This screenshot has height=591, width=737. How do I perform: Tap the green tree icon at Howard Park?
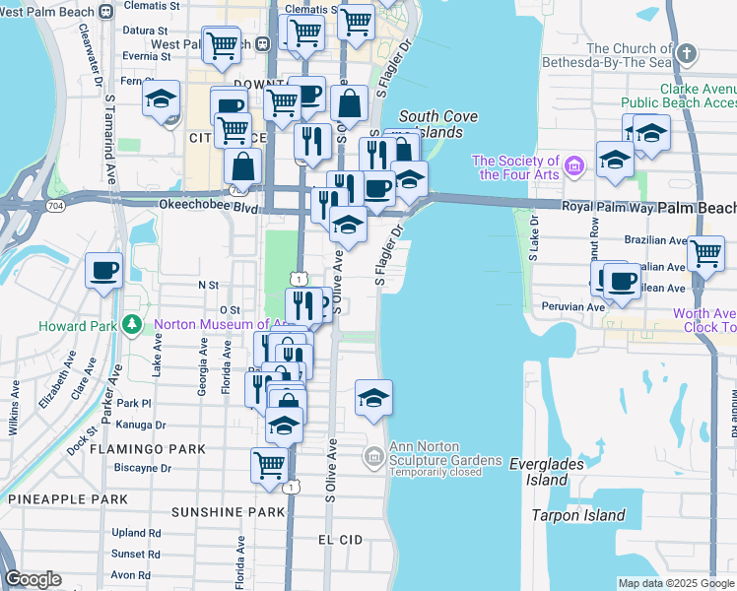132,324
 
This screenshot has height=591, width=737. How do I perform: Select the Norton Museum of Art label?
219,324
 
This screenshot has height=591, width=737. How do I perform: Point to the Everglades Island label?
546,472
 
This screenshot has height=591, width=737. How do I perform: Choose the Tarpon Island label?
578,515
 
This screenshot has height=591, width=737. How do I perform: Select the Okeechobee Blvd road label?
200,207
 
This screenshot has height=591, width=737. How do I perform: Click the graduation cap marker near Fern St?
161,98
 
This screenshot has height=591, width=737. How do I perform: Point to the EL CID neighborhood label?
342,540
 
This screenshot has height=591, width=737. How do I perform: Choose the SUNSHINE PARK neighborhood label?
227,512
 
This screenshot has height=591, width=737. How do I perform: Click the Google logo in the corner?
33,579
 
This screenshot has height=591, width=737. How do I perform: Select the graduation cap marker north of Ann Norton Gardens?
373,398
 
